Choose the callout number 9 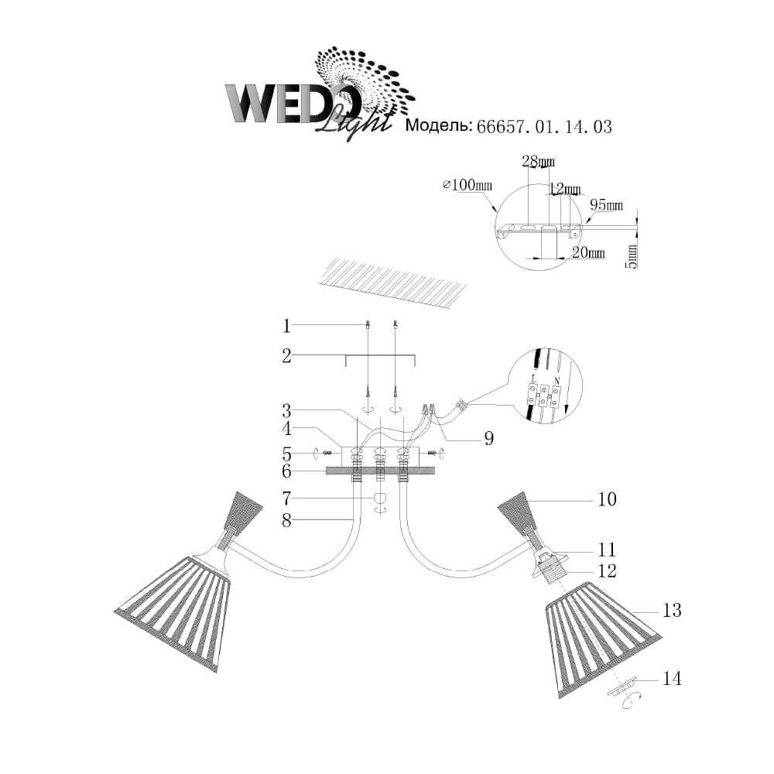pyautogui.click(x=489, y=439)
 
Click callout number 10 pyautogui.click(x=607, y=499)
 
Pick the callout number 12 pyautogui.click(x=607, y=571)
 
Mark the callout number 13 pyautogui.click(x=672, y=611)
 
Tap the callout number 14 pyautogui.click(x=671, y=679)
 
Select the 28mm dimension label pyautogui.click(x=538, y=161)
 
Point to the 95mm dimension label pyautogui.click(x=606, y=205)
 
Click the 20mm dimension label pyautogui.click(x=591, y=253)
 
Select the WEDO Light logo pyautogui.click(x=317, y=97)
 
